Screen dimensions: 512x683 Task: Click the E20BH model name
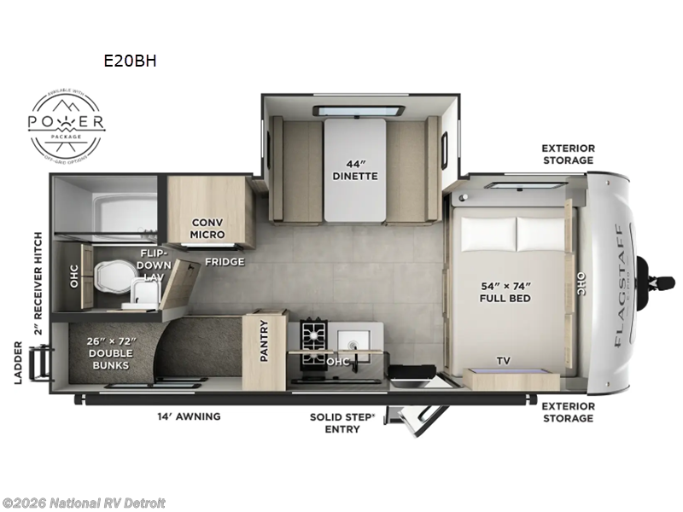[x=131, y=61]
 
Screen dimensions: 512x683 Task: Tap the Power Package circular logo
[x=67, y=124]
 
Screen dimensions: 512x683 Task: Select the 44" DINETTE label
[x=355, y=170]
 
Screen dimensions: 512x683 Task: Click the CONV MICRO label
[x=207, y=228]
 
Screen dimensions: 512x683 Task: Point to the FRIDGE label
[x=224, y=261]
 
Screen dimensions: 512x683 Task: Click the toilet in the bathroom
[x=112, y=274]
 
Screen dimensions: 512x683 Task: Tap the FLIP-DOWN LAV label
[x=155, y=265]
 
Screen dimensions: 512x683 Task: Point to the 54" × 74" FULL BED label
[x=504, y=292]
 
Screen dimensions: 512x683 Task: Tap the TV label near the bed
[x=504, y=361]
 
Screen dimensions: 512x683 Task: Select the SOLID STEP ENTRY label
[x=335, y=422]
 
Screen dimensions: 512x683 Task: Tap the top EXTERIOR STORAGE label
[x=568, y=154]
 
